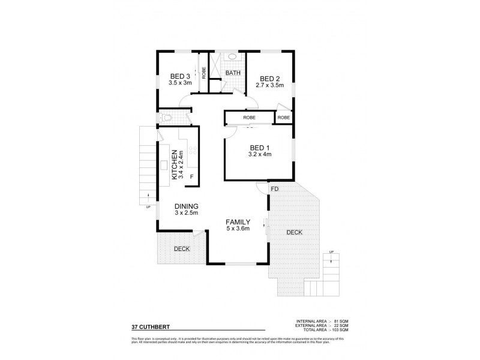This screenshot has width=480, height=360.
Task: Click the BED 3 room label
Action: tap(180, 76)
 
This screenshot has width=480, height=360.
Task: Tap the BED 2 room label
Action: tap(269, 79)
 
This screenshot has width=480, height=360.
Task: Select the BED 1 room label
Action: tap(259, 148)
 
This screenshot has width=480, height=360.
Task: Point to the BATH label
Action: tap(233, 73)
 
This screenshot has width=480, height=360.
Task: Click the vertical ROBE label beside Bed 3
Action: tap(204, 73)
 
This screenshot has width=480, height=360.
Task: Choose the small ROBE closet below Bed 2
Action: tap(283, 118)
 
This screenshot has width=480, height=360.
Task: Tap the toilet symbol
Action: tap(167, 118)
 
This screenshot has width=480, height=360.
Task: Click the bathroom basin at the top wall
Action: tap(232, 57)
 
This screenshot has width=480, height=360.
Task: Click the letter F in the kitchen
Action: tap(192, 176)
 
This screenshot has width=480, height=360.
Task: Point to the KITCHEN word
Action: tap(175, 164)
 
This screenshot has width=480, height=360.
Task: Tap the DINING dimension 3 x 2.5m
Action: tap(186, 212)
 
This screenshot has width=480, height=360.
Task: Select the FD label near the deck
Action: tap(274, 189)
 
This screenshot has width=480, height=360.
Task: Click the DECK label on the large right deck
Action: tap(294, 232)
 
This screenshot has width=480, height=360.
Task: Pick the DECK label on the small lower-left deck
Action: tap(182, 248)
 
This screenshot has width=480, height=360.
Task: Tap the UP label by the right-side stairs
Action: tap(331, 252)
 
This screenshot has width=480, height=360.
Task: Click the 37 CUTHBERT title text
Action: tap(151, 328)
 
